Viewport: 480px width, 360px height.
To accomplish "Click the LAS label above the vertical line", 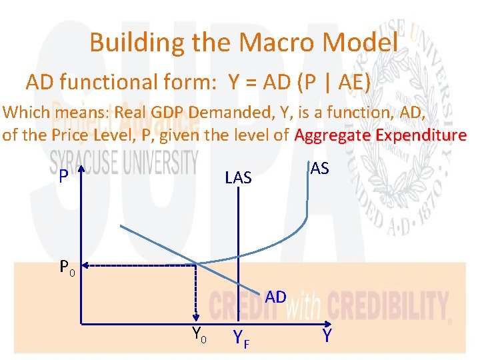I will [238, 177].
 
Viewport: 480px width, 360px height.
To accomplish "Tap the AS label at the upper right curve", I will [320, 169].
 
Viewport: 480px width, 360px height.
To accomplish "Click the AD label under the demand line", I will [275, 297].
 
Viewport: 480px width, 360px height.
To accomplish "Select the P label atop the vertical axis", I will [62, 176].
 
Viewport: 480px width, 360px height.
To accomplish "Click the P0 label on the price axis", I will [67, 268].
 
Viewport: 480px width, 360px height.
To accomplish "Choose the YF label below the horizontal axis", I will [240, 339].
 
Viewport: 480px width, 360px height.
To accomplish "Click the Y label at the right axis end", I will [327, 336].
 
